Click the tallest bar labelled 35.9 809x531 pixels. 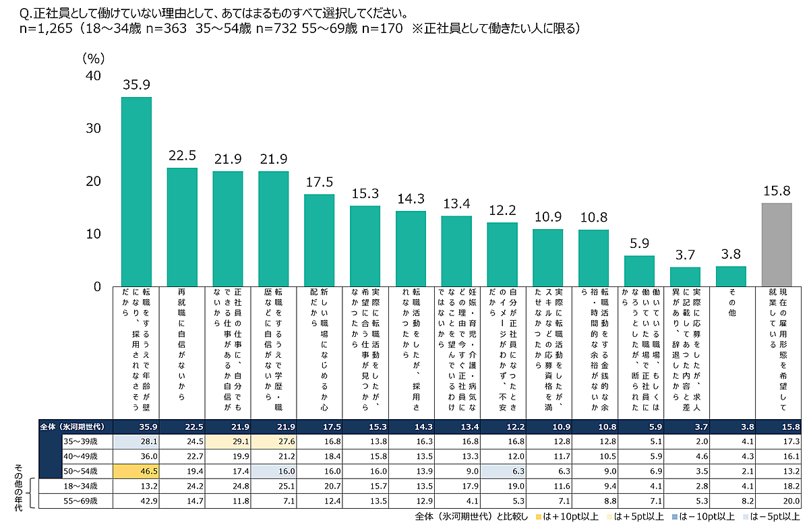pos(136,191)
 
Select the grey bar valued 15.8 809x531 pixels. pos(777,244)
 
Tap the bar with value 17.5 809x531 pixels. pos(319,240)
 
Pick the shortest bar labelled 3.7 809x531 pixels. pos(685,276)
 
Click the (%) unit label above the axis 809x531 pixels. pos(94,59)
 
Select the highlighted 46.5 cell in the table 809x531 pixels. pos(136,470)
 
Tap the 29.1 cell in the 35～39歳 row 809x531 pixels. pos(227,441)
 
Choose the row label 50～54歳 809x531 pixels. pos(80,470)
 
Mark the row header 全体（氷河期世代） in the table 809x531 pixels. pos(74,427)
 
